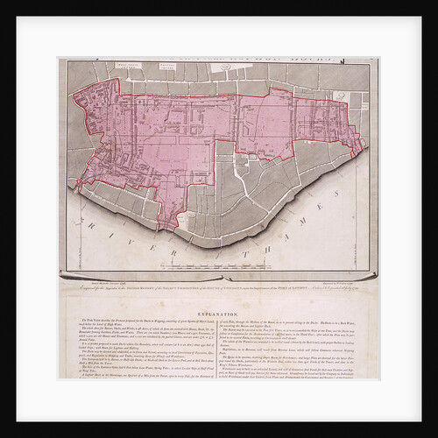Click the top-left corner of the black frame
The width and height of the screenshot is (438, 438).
[17, 17]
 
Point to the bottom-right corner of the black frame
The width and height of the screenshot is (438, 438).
[421, 421]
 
